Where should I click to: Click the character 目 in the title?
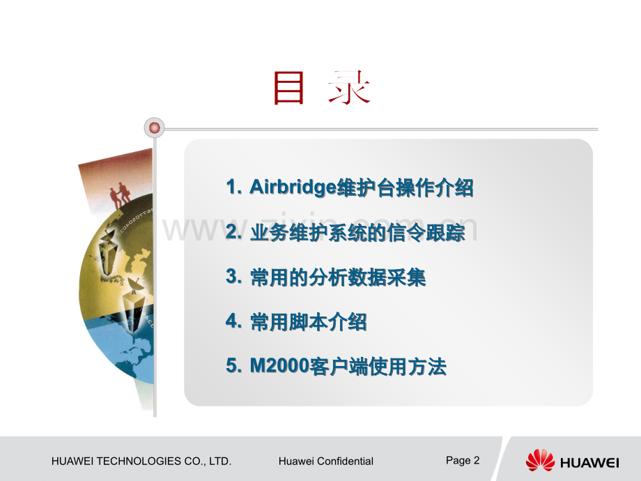point(289,89)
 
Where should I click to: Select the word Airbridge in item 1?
point(293,188)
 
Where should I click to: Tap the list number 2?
point(233,233)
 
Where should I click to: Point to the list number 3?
point(233,277)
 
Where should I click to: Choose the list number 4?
point(233,322)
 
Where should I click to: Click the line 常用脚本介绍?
point(308,323)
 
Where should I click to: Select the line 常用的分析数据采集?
point(337,277)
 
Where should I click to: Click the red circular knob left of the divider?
point(154,128)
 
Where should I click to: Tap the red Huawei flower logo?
point(540,460)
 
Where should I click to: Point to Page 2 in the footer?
point(463,460)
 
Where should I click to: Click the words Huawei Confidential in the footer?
point(325,461)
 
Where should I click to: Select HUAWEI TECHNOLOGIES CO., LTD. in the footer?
point(141,461)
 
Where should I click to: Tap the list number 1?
point(233,187)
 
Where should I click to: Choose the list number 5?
point(233,367)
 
